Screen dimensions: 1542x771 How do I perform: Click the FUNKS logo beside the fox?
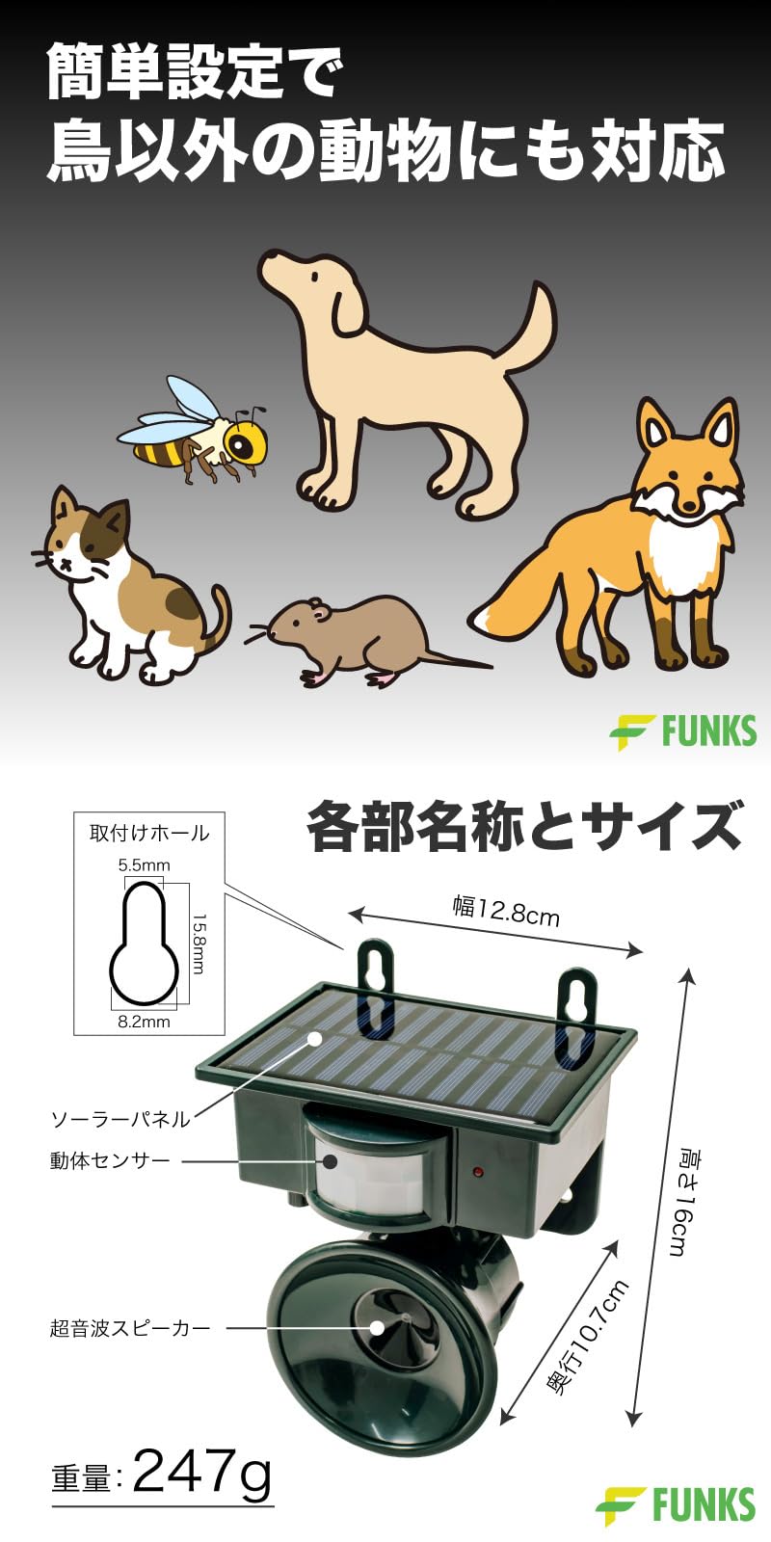point(683,731)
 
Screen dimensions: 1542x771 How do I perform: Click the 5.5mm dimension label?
point(144,865)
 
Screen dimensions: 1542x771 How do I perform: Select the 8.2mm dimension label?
point(144,1022)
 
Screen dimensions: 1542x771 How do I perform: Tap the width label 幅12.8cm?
point(506,910)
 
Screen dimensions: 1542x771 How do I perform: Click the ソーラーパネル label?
point(120,1119)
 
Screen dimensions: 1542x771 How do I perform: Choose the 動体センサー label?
point(110,1160)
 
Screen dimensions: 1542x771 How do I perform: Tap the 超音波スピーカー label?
point(130,1328)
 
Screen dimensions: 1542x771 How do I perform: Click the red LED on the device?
point(476,1172)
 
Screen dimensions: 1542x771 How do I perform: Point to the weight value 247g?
point(201,1474)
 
